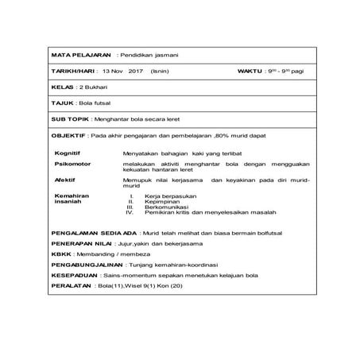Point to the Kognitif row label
(68, 151)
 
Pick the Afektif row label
(64, 180)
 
